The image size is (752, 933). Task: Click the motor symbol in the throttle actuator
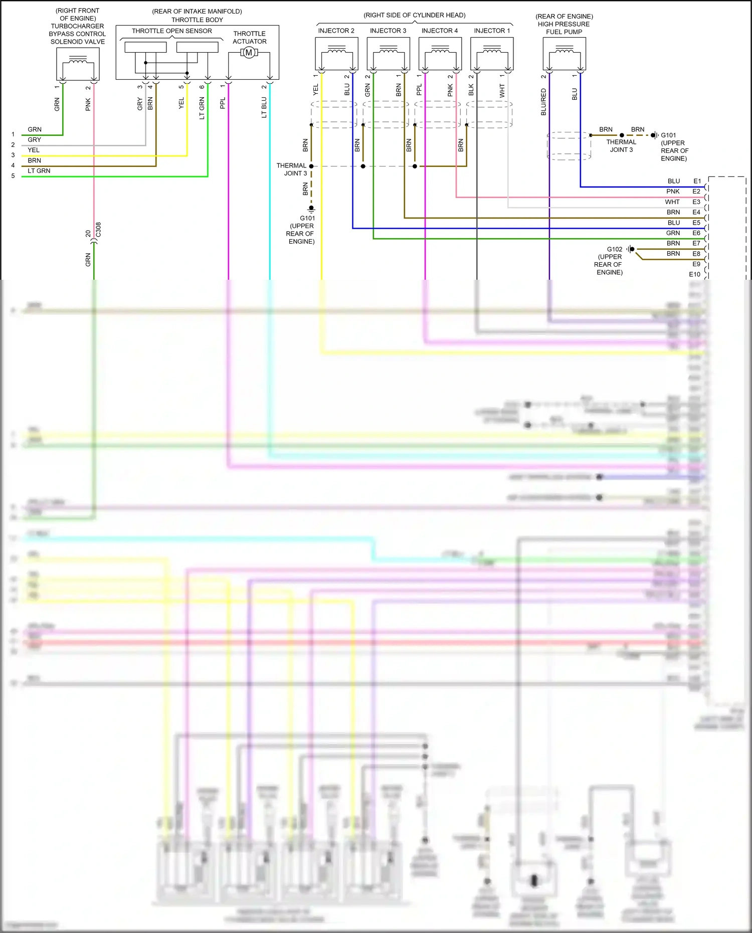[249, 53]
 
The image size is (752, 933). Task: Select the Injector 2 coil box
[336, 54]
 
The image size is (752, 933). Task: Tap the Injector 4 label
[439, 31]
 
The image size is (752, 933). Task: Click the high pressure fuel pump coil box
[564, 54]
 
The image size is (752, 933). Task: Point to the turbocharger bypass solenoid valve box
[78, 64]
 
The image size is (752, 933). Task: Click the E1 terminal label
[697, 181]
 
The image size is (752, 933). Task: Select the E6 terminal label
[696, 233]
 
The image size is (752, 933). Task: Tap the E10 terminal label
[694, 274]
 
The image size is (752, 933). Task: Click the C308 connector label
[99, 230]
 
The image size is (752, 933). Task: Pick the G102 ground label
[614, 249]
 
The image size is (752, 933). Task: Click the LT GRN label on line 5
[39, 171]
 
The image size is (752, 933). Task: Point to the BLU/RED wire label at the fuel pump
[543, 102]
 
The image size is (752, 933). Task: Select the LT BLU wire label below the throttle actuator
[264, 107]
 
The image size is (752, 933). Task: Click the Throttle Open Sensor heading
[171, 31]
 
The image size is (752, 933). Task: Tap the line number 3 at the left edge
[13, 155]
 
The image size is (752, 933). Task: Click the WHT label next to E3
[672, 202]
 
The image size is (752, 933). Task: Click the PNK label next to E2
[673, 192]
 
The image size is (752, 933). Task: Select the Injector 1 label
[492, 31]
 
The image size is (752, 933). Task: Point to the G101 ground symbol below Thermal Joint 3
[311, 208]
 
